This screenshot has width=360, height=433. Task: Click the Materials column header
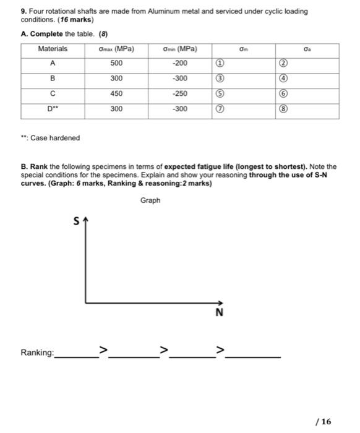[53, 48]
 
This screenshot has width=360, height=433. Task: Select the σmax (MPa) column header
[116, 48]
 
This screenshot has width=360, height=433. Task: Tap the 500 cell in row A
[116, 63]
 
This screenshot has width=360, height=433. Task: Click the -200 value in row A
[179, 63]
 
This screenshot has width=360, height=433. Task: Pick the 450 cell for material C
[116, 93]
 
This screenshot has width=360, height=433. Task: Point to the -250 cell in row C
[179, 93]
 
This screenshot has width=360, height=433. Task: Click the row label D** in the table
[53, 109]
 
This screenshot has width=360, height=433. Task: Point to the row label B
[53, 79]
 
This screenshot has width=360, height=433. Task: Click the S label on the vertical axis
[77, 221]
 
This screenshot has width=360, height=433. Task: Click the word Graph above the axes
[150, 200]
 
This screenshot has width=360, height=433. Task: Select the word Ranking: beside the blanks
[37, 353]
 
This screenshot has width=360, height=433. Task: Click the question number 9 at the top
[23, 11]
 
